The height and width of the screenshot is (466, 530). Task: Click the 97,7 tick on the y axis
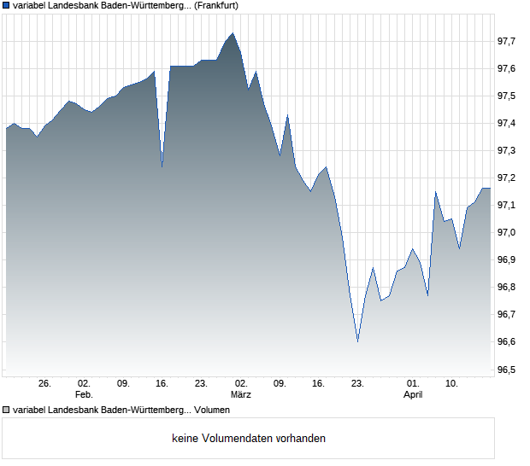tap(510, 41)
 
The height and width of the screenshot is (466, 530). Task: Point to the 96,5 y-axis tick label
tap(510, 370)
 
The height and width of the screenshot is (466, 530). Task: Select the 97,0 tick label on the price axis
tap(510, 232)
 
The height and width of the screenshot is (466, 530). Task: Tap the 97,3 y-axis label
tap(510, 150)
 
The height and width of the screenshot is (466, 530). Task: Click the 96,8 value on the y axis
tap(510, 288)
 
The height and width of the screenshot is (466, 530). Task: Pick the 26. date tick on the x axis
tap(45, 383)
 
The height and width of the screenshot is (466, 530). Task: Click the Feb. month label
tap(84, 395)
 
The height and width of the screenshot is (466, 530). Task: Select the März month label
tap(240, 395)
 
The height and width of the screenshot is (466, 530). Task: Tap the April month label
tap(413, 395)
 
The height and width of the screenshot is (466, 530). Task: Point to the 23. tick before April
tap(357, 383)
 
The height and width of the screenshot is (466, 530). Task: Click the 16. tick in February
tap(162, 383)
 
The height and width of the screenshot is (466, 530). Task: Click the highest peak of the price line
tap(233, 33)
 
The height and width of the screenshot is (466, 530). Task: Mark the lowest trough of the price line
tap(357, 341)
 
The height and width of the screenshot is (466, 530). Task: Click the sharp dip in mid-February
tap(162, 165)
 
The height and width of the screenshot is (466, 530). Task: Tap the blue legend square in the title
tap(7, 5)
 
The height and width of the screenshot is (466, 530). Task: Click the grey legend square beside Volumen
tap(7, 410)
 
